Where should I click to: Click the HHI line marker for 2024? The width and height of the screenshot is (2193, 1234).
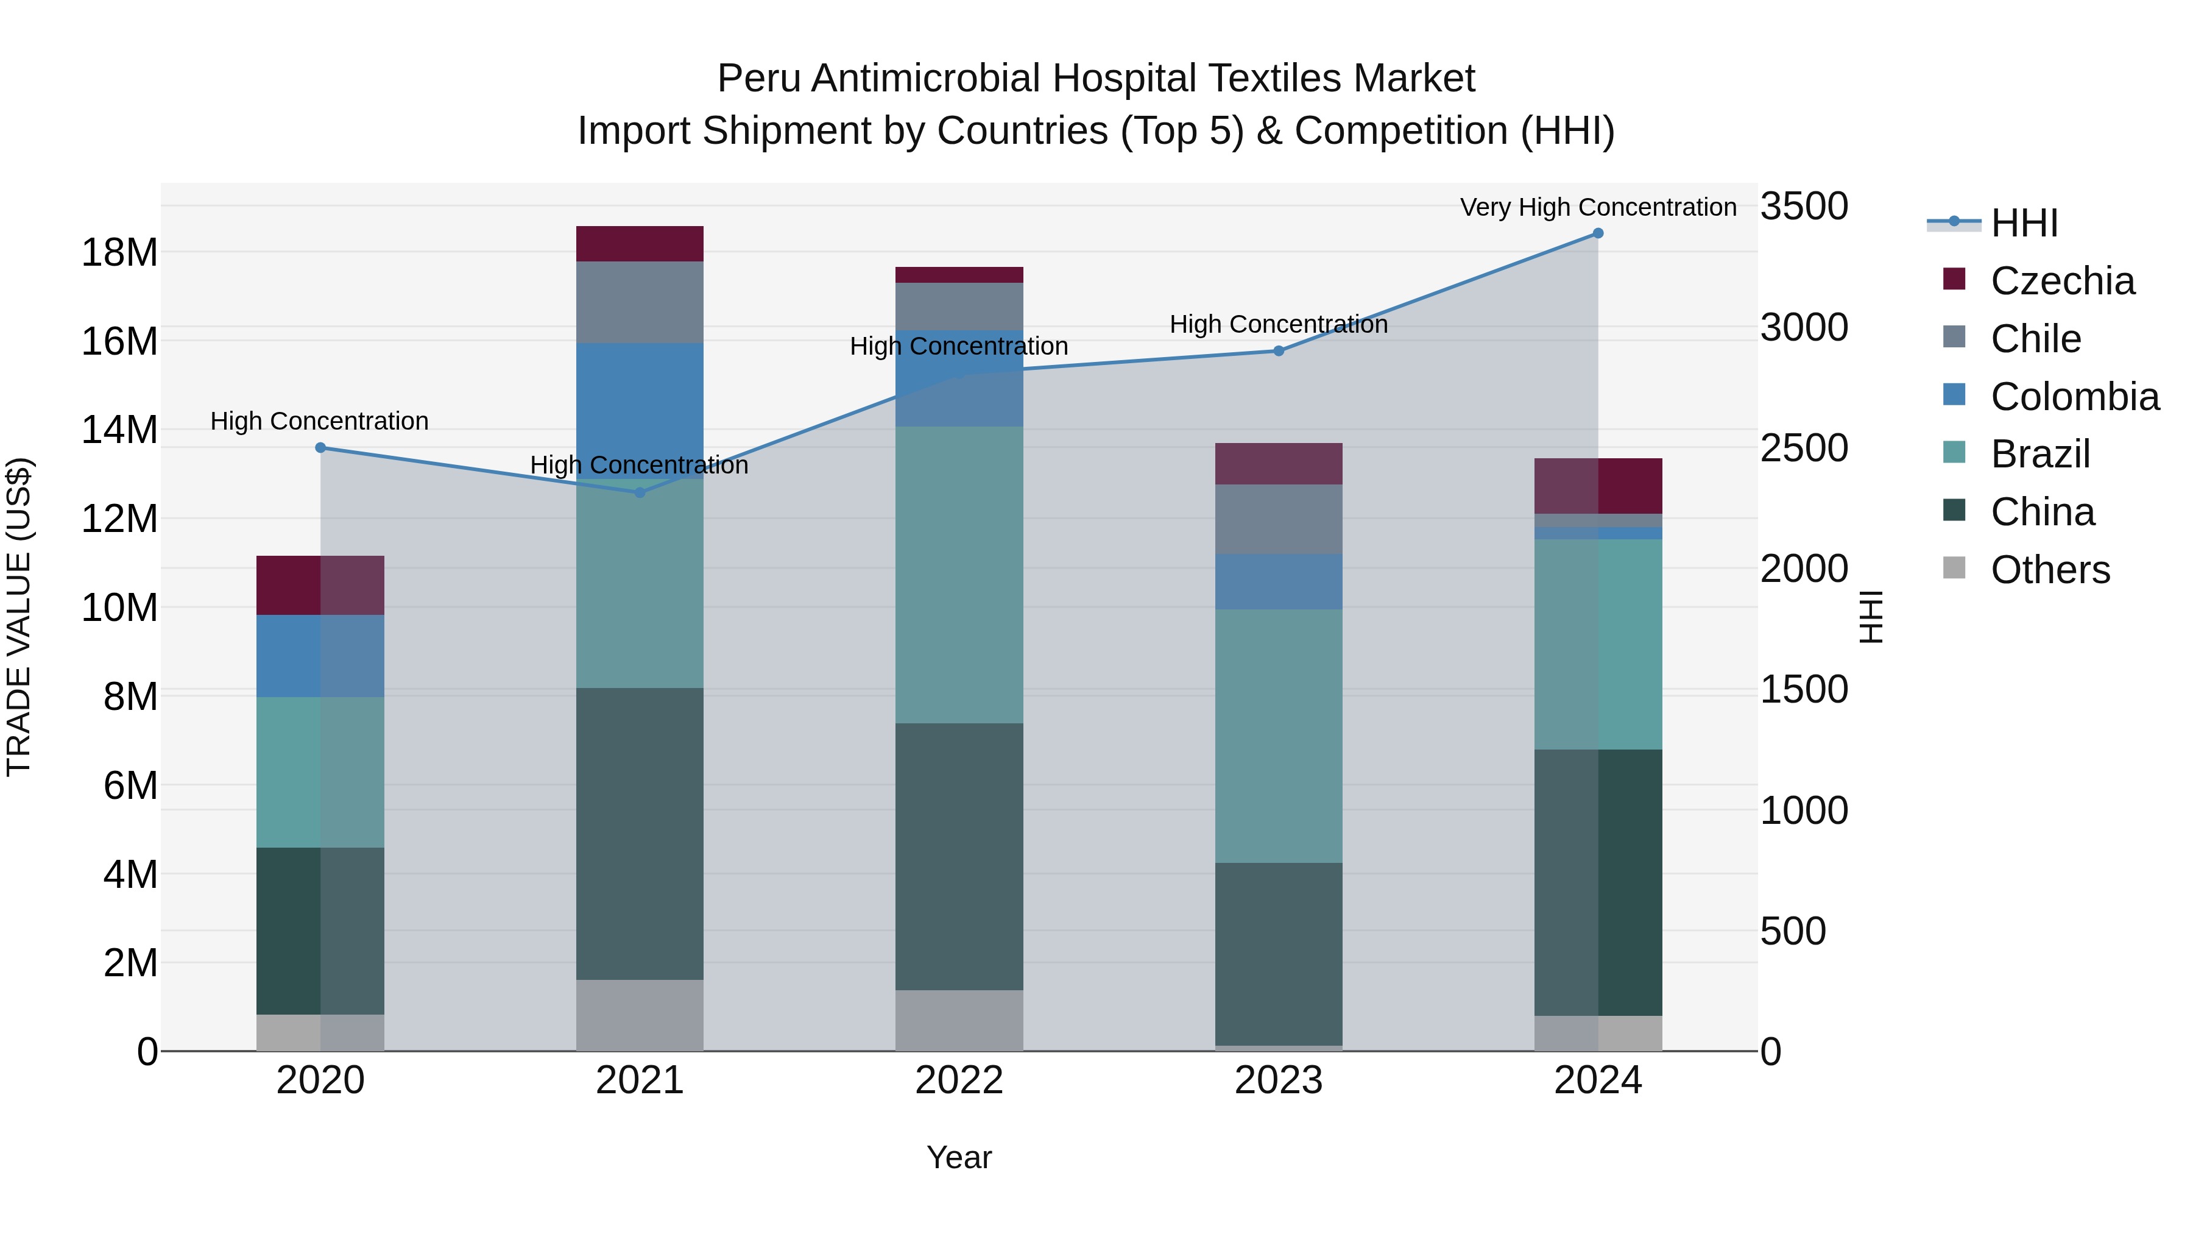(1598, 233)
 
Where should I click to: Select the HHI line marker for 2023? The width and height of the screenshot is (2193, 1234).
(1279, 351)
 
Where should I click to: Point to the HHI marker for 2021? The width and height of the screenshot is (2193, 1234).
(640, 492)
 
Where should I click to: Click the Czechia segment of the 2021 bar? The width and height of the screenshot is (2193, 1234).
(640, 244)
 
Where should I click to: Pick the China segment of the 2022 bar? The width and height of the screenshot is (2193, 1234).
(959, 857)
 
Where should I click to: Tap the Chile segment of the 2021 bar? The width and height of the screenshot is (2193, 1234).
(640, 302)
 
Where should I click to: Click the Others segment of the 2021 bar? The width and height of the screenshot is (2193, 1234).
(640, 1015)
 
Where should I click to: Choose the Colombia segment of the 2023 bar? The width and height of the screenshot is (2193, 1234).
(1279, 582)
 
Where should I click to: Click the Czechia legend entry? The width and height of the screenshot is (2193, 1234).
(2062, 281)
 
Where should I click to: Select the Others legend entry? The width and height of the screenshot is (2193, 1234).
(2050, 570)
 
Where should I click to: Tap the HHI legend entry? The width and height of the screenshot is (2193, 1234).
(2024, 223)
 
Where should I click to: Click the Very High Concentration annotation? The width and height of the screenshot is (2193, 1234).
(1598, 207)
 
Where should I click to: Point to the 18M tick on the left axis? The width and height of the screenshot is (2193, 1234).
(119, 253)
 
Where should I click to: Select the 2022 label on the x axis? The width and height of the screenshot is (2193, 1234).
(959, 1080)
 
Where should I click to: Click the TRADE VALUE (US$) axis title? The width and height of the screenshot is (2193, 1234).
(19, 617)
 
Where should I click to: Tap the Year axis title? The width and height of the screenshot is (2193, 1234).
(959, 1157)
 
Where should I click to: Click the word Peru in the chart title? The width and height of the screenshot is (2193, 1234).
(758, 79)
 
